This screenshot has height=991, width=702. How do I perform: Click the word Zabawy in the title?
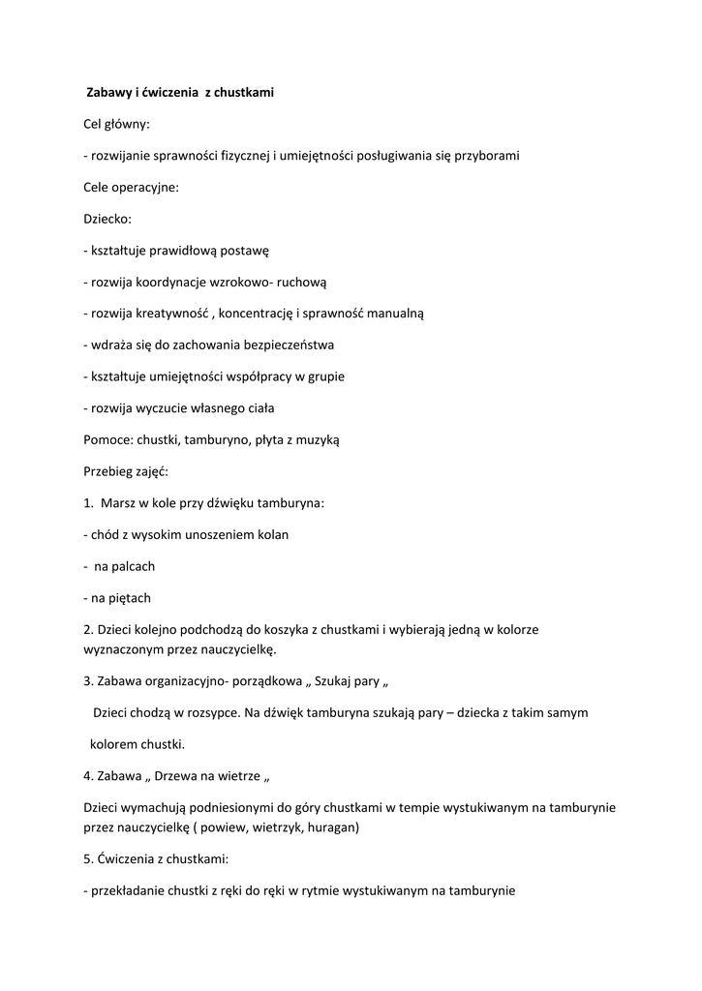point(108,92)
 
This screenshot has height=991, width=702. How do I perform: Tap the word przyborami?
point(485,155)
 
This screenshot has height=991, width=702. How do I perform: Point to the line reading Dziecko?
point(107,219)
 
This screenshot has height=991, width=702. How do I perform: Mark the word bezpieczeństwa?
point(287,345)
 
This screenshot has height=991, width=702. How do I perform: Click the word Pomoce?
point(108,439)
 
